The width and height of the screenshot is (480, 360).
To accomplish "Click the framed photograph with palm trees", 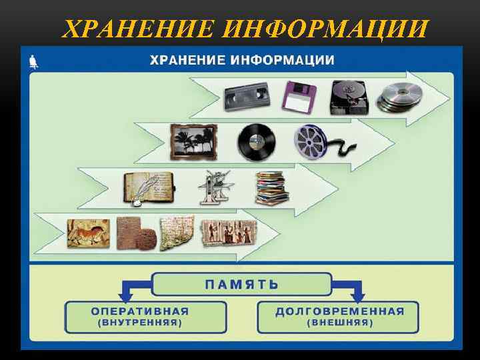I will click(193, 141).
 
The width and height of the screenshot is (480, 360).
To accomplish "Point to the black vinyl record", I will click(256, 141).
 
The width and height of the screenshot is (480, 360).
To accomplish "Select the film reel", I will click(313, 141).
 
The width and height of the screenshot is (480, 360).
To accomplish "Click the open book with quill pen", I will click(148, 189).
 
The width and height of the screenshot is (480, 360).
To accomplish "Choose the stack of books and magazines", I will click(271, 189).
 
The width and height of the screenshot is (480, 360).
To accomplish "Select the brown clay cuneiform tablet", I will click(137, 233).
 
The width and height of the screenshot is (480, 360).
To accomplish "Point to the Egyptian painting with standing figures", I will click(229, 233).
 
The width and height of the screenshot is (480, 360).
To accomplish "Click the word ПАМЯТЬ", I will click(241, 283).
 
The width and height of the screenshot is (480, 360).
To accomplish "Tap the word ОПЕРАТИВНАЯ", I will click(140, 311).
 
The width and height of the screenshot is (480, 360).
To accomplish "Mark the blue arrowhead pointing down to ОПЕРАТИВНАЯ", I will click(125, 295).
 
